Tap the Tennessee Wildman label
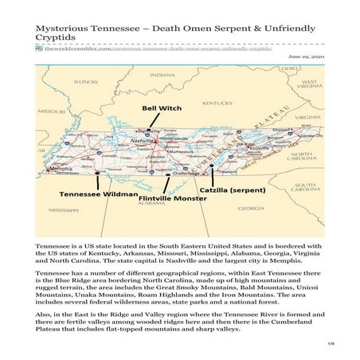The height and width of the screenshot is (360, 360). (x=87, y=194)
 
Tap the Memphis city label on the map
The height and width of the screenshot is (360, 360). (x=58, y=169)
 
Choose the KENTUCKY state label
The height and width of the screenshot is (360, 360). (x=195, y=104)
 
